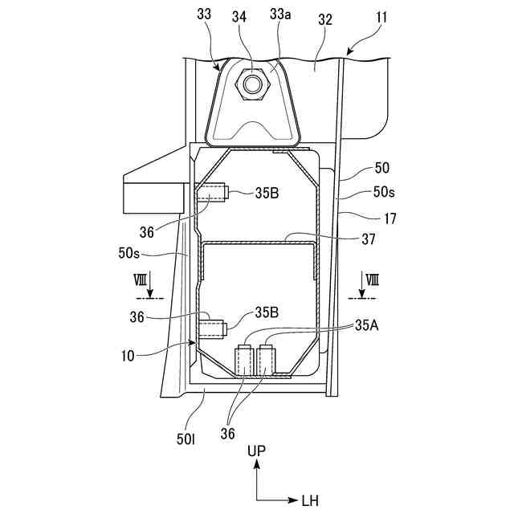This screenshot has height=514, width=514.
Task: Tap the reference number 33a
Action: (x=280, y=14)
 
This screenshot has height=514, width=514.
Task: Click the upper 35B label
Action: (x=268, y=193)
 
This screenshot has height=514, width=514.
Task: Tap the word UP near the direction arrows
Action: (x=256, y=451)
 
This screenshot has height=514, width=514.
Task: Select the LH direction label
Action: (x=310, y=501)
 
